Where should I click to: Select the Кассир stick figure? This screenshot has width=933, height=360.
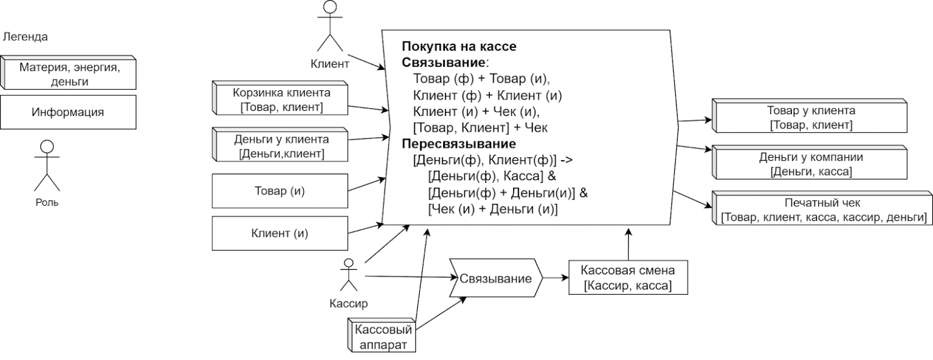(348, 276)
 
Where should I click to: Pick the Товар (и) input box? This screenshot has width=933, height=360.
(280, 191)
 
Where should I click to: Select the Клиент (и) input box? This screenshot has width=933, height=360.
(280, 233)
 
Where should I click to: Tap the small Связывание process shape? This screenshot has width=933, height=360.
(495, 279)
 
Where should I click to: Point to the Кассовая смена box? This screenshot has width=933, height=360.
(627, 278)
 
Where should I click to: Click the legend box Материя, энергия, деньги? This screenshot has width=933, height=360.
(69, 74)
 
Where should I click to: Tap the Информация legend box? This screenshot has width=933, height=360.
(68, 112)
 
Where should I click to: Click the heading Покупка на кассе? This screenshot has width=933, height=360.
(459, 47)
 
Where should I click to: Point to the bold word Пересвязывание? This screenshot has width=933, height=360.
(458, 144)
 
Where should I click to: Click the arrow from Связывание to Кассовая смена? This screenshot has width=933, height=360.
(556, 278)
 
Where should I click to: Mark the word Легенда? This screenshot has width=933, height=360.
(25, 37)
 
